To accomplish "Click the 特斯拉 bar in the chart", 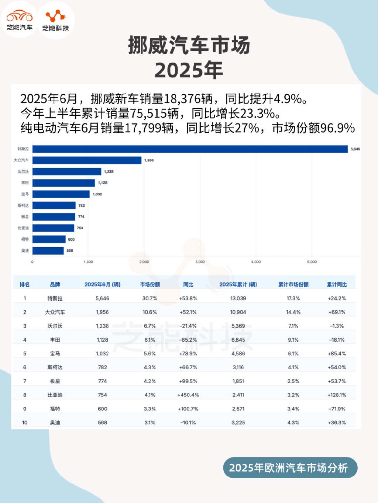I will (x=190, y=149).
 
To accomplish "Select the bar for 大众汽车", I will (x=87, y=160).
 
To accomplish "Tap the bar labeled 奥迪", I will (x=48, y=251).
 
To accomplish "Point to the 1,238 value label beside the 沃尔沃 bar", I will (x=109, y=172).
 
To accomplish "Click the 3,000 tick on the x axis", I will (x=200, y=262).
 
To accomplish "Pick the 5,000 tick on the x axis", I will (x=312, y=262).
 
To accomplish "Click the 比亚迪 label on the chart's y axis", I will (x=23, y=228).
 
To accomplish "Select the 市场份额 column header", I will (x=150, y=284).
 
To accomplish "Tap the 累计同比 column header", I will (x=337, y=284).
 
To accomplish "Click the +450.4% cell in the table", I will (x=188, y=395).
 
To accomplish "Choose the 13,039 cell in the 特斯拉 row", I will (x=238, y=298).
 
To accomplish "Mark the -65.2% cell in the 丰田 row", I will (x=188, y=340).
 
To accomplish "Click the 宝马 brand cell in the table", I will (x=55, y=354).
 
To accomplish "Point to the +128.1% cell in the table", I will (x=337, y=395).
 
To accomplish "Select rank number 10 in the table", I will (x=25, y=423).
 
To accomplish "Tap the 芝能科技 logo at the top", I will (x=56, y=20).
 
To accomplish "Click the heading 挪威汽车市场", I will (x=189, y=46).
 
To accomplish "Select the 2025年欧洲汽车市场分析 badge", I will (x=290, y=468).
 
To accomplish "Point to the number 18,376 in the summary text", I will (x=188, y=99).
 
